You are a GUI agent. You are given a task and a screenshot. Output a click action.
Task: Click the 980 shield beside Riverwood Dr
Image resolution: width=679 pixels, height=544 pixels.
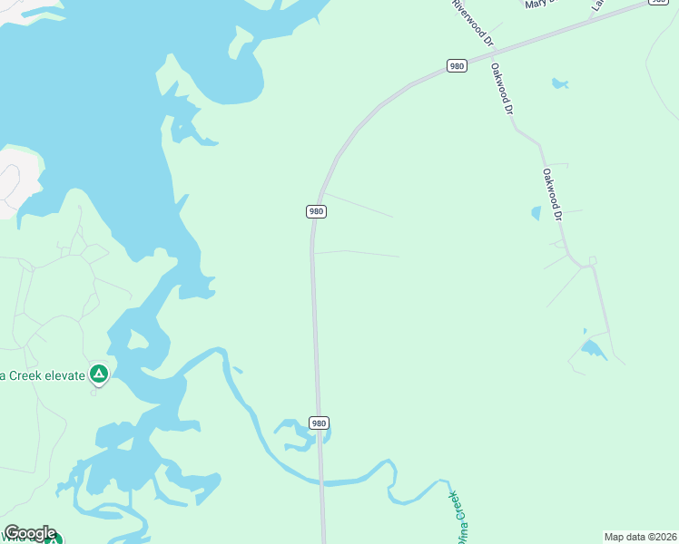[457, 65]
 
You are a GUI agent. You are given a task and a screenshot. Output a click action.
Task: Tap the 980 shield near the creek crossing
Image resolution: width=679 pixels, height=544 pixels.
[318, 423]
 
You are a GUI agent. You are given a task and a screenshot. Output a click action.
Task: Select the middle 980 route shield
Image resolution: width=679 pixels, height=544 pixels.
[315, 211]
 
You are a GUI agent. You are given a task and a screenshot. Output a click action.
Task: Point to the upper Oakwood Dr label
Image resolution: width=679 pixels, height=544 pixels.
[502, 87]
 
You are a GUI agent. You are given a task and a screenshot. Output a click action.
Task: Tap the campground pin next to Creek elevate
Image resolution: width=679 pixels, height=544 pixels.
[98, 374]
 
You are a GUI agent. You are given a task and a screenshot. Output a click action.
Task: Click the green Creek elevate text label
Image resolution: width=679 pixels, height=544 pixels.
[42, 374]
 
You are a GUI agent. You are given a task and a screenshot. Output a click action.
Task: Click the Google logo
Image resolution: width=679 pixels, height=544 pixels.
[30, 533]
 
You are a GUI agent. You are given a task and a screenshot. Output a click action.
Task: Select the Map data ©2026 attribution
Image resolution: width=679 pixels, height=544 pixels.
[640, 537]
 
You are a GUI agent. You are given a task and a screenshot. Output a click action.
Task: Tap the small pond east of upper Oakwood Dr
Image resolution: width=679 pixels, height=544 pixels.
[560, 84]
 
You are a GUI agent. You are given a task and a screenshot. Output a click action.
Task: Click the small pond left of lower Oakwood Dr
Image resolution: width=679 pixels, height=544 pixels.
[536, 214]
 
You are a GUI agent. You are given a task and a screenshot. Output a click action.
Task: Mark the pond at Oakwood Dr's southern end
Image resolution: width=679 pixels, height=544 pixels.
[594, 349]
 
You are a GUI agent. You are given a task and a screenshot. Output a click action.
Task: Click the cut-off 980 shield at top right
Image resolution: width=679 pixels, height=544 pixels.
[656, 3]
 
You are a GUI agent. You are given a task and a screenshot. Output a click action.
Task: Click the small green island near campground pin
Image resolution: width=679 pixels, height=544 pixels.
[138, 340]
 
